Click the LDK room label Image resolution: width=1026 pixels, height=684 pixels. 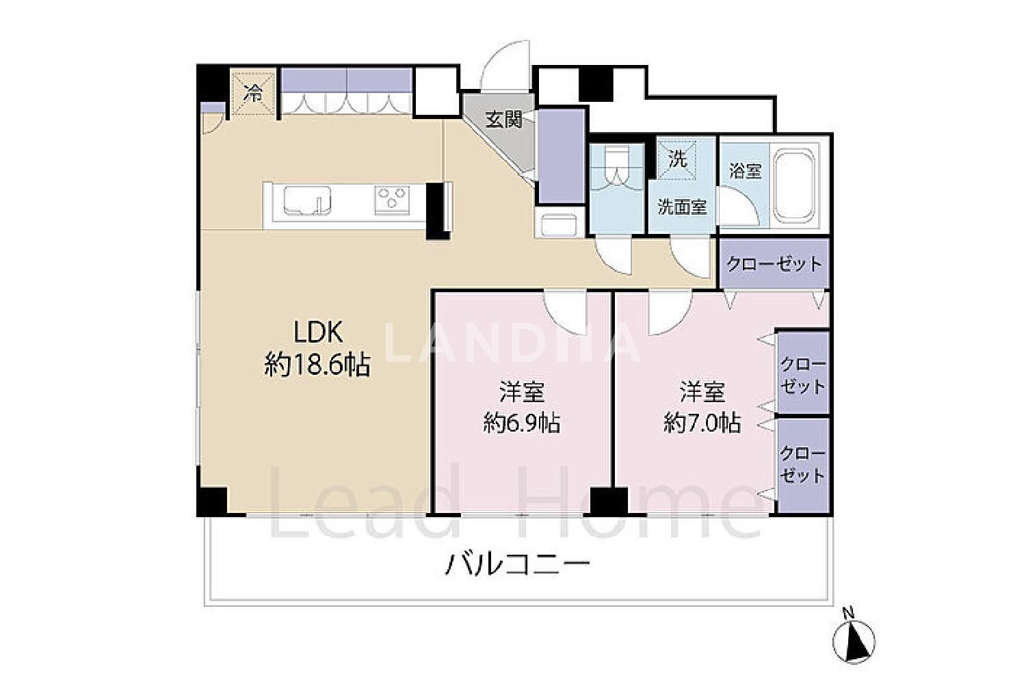click(317, 332)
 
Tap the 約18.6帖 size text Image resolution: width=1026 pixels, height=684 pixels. click(317, 365)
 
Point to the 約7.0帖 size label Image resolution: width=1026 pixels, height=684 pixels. click(702, 423)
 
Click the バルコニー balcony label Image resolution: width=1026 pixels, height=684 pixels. click(517, 565)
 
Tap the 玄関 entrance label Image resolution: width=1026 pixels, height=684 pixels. click(504, 120)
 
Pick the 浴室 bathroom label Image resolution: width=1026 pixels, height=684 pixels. click(746, 171)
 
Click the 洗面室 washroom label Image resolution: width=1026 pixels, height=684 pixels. click(682, 207)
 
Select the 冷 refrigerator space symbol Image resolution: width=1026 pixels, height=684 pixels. click(253, 94)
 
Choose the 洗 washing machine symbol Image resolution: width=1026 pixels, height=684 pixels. click(677, 159)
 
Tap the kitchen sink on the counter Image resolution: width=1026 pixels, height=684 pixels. click(307, 200)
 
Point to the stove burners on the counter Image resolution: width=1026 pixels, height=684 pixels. click(392, 200)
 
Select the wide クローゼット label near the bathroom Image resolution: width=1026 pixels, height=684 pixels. click(774, 264)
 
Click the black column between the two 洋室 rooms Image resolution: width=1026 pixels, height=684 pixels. click(609, 501)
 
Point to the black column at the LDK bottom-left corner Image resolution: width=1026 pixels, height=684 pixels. click(212, 501)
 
